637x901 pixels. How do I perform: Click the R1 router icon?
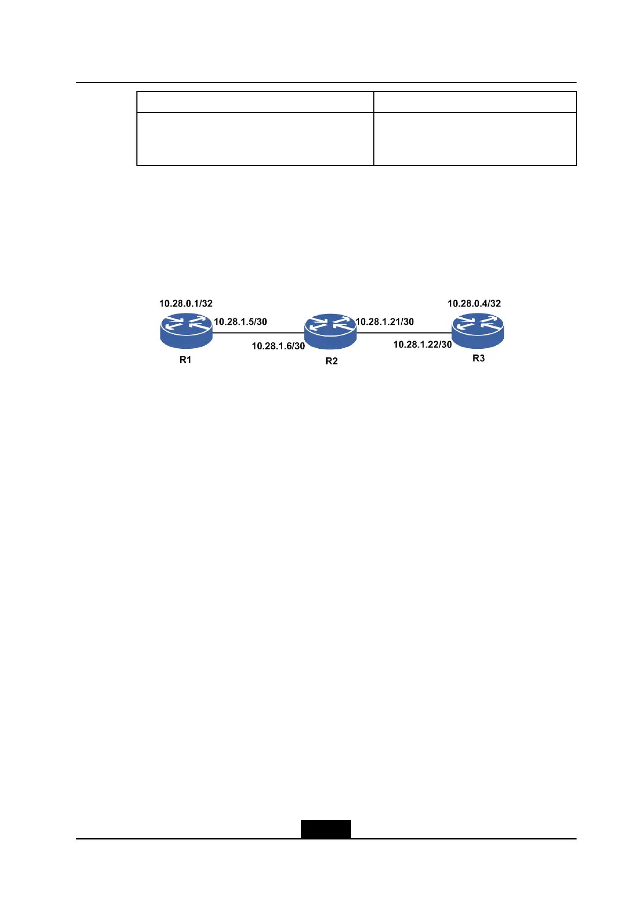pos(186,331)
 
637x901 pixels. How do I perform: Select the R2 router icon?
pos(331,332)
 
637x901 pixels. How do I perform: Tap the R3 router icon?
pos(478,330)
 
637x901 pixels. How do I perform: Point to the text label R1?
pos(185,360)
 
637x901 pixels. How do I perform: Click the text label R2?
pos(332,361)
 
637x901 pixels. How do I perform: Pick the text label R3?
pos(478,358)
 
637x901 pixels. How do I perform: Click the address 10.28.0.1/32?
pos(186,303)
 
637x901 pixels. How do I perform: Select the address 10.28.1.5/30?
pos(240,322)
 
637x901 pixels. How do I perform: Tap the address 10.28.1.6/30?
pos(278,346)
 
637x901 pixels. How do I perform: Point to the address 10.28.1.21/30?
pos(385,322)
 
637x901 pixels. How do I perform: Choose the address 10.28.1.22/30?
pos(423,345)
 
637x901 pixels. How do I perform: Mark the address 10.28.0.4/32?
pos(474,303)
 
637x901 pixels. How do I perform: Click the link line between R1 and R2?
pos(259,332)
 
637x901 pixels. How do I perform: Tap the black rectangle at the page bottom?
pos(326,829)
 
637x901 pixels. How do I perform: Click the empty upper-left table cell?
pos(255,102)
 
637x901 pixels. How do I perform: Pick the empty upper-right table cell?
pos(474,102)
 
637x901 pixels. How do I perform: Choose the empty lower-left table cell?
pos(255,139)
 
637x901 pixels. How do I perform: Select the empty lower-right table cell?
pos(474,139)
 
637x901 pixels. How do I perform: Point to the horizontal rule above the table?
pos(326,82)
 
